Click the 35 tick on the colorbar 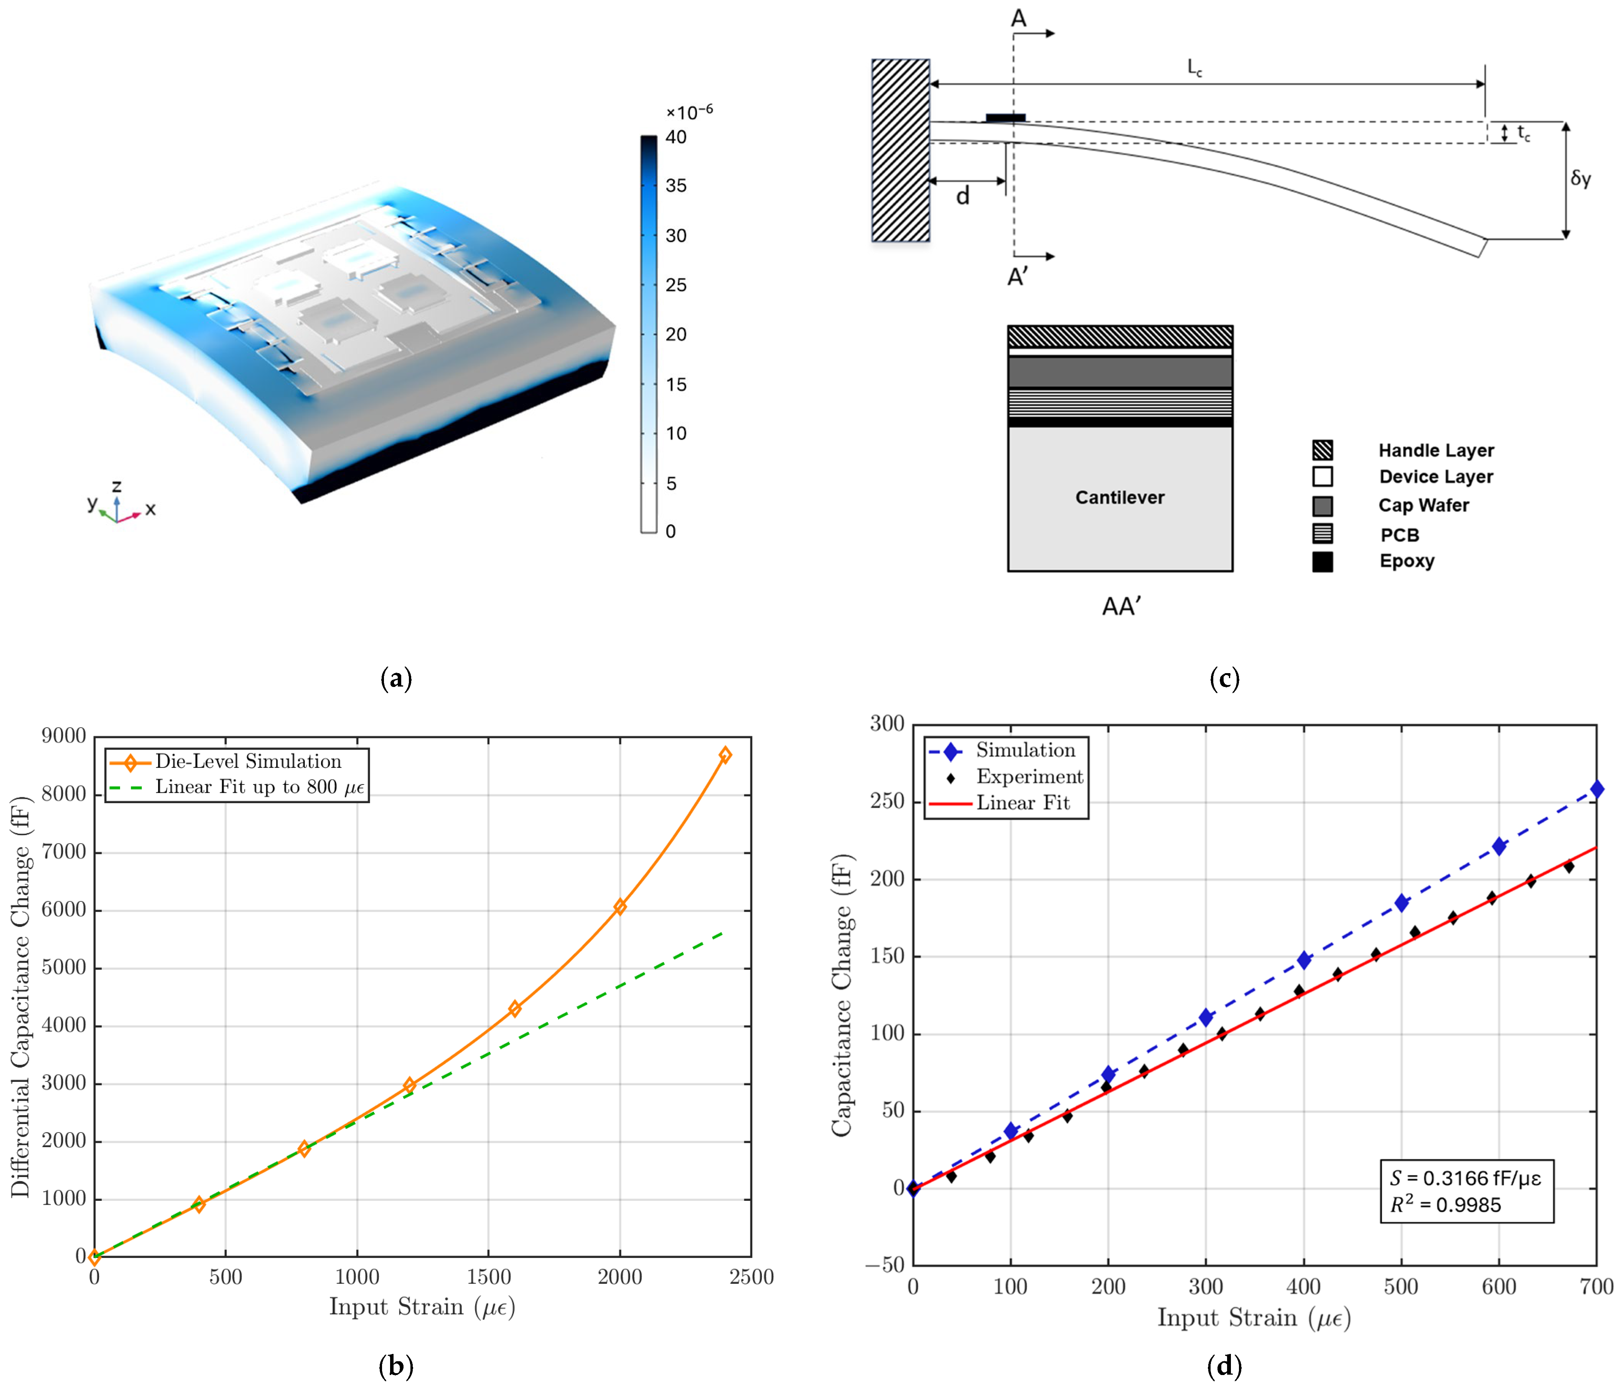(x=675, y=185)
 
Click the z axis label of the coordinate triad (x=117, y=486)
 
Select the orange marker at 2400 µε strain (x=725, y=754)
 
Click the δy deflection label (x=1580, y=178)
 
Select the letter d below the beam (x=963, y=196)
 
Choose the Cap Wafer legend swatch (x=1322, y=505)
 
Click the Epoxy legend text (x=1407, y=561)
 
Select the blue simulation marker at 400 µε (x=1303, y=959)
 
